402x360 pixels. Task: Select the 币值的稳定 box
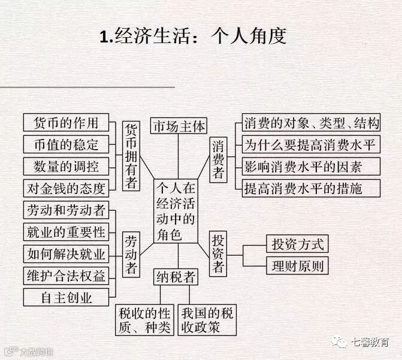(67, 144)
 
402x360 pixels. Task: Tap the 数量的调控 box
(67, 166)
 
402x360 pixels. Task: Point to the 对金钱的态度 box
(67, 188)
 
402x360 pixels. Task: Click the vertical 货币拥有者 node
(131, 156)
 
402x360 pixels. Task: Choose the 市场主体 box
(178, 127)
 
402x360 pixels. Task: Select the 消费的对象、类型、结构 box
(312, 124)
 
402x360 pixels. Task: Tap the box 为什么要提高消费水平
(312, 145)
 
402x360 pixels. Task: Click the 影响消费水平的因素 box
(312, 167)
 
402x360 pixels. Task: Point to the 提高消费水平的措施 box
(312, 188)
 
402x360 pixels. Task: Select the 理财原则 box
(297, 265)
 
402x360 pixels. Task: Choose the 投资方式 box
(297, 244)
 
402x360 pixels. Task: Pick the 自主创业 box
(67, 297)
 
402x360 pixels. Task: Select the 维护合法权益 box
(67, 275)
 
